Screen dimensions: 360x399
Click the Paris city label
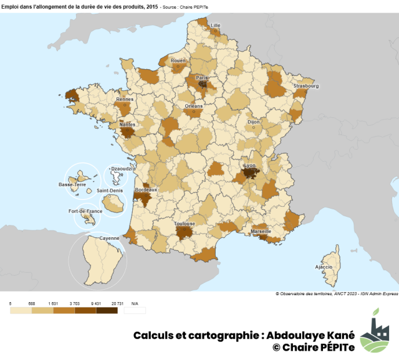pos(201,78)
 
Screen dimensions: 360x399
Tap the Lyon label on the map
pos(250,166)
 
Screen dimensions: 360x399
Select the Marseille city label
pos(261,231)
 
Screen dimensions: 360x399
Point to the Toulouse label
pos(185,224)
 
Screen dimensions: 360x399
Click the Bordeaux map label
pos(146,189)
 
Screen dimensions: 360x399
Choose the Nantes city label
pos(127,124)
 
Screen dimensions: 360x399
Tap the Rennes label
pos(125,99)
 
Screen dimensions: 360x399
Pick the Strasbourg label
pos(306,87)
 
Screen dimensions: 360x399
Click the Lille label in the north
pos(216,26)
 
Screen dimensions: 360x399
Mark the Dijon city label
pos(253,123)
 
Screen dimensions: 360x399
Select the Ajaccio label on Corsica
pos(324,267)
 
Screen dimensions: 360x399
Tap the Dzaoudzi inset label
pos(118,168)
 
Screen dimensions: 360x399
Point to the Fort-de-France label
pos(85,211)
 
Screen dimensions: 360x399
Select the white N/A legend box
pos(135,310)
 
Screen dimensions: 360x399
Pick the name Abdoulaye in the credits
pos(297,335)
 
